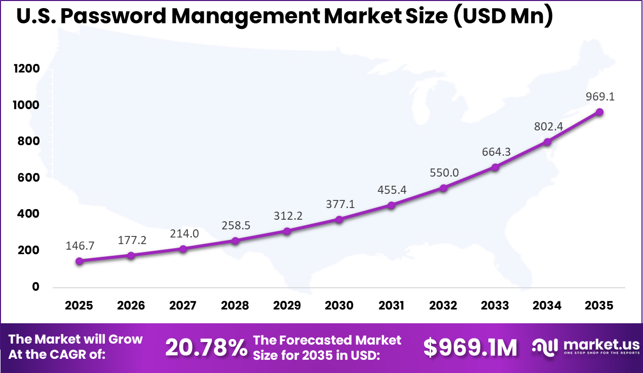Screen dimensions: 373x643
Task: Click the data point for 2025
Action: [x=79, y=261]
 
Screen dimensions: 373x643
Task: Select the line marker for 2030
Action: [x=339, y=219]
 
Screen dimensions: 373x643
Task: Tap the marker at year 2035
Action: [x=599, y=112]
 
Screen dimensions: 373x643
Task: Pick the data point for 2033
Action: [x=495, y=167]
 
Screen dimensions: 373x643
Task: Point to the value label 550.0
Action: [x=443, y=173]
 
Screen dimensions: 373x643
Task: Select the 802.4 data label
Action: [x=548, y=127]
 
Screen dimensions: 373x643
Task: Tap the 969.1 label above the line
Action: [x=599, y=96]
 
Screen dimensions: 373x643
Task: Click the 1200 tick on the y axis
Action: [x=26, y=69]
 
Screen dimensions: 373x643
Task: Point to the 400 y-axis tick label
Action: [x=28, y=214]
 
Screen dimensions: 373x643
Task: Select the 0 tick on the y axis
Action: [x=35, y=287]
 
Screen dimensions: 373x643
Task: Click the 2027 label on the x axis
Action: [x=183, y=306]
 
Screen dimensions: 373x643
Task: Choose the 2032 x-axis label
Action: [x=443, y=306]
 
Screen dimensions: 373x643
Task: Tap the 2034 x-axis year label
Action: [x=547, y=306]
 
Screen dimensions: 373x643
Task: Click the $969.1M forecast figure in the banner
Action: [x=470, y=348]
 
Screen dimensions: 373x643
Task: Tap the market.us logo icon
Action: [x=544, y=347]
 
